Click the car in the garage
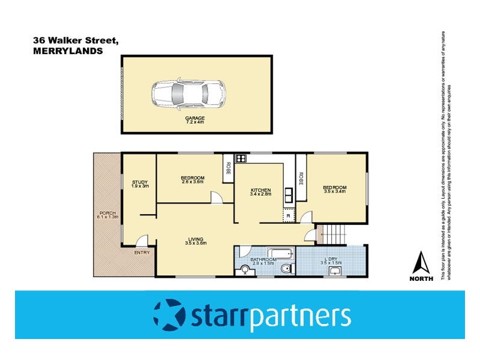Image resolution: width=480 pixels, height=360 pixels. [188, 93]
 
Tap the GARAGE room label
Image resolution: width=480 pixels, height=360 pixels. [195, 118]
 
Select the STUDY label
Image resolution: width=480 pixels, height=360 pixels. [140, 182]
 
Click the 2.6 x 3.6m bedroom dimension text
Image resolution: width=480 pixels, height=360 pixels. [193, 182]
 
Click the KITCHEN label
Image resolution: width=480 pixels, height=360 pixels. [261, 190]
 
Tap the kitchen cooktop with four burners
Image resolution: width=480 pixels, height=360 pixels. [241, 159]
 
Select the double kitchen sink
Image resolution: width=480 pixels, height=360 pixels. [289, 194]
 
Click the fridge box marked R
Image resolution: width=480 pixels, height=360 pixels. [289, 214]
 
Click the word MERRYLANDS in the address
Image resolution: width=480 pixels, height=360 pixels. [67, 52]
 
